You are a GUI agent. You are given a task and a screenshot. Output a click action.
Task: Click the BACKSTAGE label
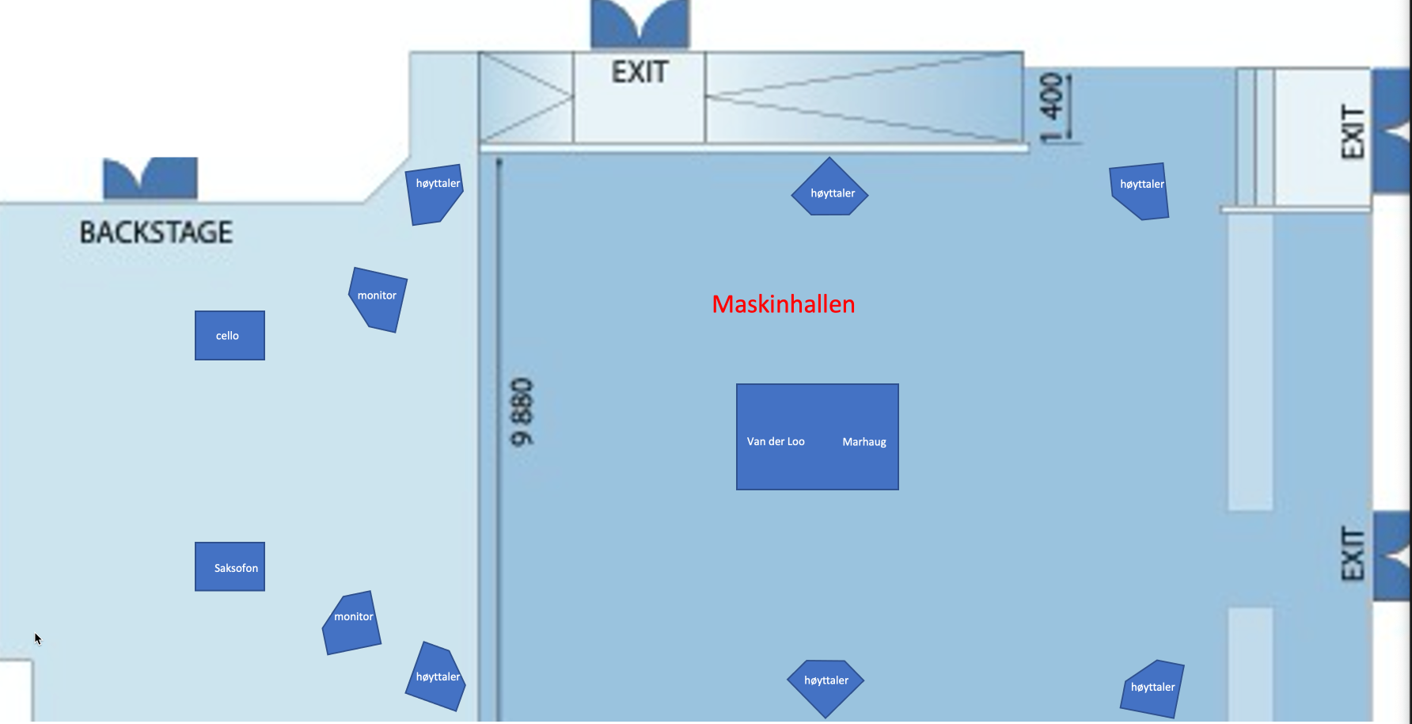(156, 232)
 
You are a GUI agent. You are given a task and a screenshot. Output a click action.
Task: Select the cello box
(230, 335)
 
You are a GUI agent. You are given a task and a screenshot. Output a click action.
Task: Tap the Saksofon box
(230, 566)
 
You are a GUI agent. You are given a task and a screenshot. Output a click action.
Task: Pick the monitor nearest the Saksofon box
(352, 623)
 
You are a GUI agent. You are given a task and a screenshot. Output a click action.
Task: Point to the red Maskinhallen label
(783, 304)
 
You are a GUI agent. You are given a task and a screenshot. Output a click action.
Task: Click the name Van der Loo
(776, 441)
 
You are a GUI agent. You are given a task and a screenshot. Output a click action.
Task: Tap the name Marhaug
(864, 442)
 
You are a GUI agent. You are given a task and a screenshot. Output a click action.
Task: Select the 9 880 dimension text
(522, 412)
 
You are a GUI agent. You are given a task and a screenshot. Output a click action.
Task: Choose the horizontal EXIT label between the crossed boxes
(640, 73)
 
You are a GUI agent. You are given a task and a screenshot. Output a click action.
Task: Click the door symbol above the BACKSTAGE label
(150, 177)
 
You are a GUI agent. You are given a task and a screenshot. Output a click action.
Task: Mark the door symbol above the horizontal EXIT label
(640, 24)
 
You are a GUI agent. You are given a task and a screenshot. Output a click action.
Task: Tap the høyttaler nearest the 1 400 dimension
(1141, 190)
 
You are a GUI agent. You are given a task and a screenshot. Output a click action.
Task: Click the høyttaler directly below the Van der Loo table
(826, 686)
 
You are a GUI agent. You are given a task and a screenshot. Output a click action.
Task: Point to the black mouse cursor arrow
(37, 638)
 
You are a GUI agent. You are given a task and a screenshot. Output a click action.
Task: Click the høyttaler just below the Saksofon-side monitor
(436, 677)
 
